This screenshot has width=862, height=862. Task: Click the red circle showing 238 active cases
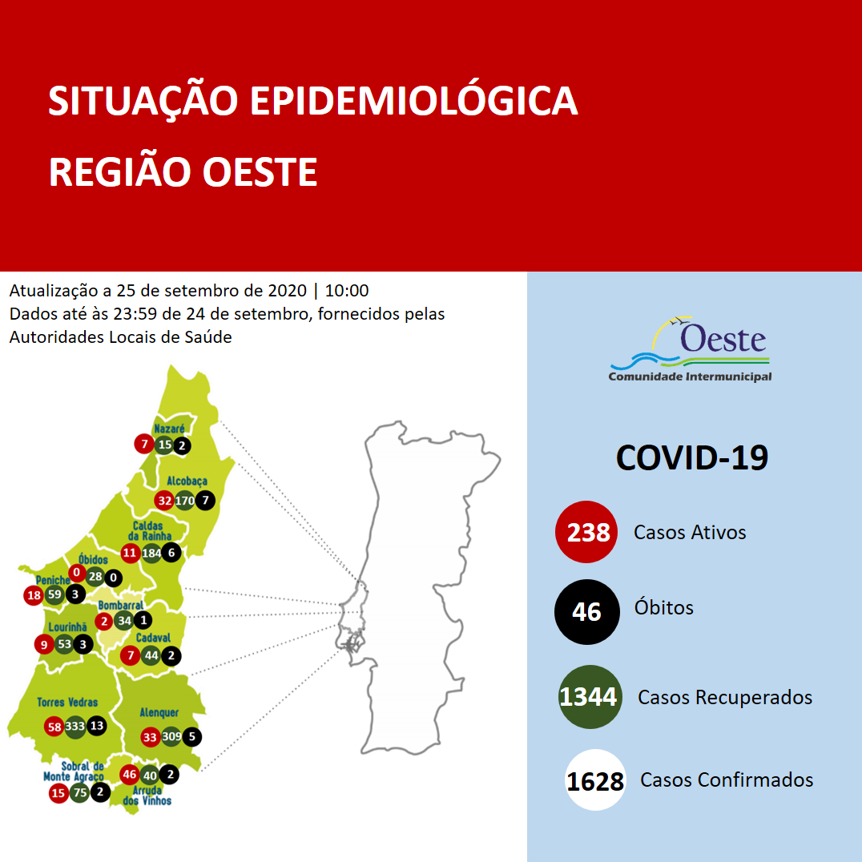(586, 532)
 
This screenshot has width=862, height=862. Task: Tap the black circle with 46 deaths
(586, 611)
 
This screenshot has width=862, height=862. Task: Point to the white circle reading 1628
(594, 780)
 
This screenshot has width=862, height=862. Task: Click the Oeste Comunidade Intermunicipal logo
(690, 351)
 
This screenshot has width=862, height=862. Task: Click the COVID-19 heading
(691, 457)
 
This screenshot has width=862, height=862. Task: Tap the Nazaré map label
(169, 429)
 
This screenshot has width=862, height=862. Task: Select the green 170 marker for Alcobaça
(185, 501)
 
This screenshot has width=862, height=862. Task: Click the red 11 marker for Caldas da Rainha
(130, 553)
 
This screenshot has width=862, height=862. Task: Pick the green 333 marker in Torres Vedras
(75, 727)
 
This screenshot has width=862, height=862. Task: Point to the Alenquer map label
(159, 712)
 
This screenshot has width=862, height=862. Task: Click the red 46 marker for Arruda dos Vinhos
(130, 775)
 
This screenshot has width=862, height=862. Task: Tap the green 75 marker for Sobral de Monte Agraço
(79, 793)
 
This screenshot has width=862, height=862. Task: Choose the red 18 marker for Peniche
(34, 595)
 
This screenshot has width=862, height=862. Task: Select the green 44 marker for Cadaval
(151, 655)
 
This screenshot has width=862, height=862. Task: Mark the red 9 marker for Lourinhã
(43, 643)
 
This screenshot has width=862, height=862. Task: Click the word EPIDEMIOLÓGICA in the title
(413, 102)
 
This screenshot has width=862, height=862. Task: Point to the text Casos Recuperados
(724, 698)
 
